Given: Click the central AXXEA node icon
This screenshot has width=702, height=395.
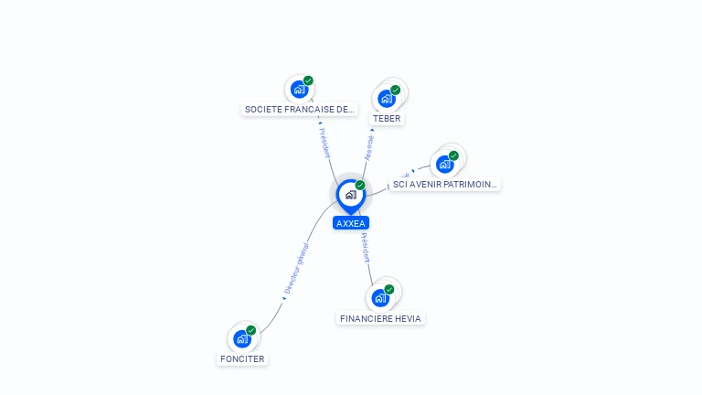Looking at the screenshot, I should pyautogui.click(x=350, y=195).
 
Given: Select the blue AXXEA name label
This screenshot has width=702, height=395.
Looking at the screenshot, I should pyautogui.click(x=350, y=223).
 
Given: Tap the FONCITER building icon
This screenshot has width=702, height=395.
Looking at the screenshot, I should pyautogui.click(x=242, y=339).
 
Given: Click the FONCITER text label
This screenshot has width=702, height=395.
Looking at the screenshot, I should pyautogui.click(x=242, y=358).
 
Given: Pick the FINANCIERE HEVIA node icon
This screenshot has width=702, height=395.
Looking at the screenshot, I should pyautogui.click(x=380, y=298).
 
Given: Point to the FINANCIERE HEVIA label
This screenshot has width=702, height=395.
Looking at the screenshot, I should pyautogui.click(x=380, y=318).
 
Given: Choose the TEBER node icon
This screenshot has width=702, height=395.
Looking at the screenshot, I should pyautogui.click(x=387, y=99).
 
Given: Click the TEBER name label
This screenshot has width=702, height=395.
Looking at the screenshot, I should pyautogui.click(x=387, y=118).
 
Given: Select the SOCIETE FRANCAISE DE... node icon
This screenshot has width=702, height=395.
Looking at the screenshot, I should pyautogui.click(x=299, y=90).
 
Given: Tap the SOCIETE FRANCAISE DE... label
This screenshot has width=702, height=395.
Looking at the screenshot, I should pyautogui.click(x=299, y=109).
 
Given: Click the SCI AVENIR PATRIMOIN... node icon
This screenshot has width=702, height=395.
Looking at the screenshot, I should pyautogui.click(x=445, y=165).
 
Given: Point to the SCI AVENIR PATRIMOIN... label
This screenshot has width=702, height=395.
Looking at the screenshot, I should pyautogui.click(x=445, y=184).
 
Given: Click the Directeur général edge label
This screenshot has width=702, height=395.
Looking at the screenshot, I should pyautogui.click(x=295, y=268).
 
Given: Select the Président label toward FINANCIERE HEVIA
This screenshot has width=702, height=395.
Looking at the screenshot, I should pyautogui.click(x=365, y=248).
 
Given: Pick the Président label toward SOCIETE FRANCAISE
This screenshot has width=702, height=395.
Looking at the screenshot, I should pyautogui.click(x=324, y=142).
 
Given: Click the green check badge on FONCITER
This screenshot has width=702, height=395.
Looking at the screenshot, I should pyautogui.click(x=251, y=330).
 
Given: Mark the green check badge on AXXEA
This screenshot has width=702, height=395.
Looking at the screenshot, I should pyautogui.click(x=360, y=186).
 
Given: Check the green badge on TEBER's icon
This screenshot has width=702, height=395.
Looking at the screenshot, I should pyautogui.click(x=396, y=90).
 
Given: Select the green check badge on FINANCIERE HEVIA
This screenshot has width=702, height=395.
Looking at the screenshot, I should pyautogui.click(x=389, y=289).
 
